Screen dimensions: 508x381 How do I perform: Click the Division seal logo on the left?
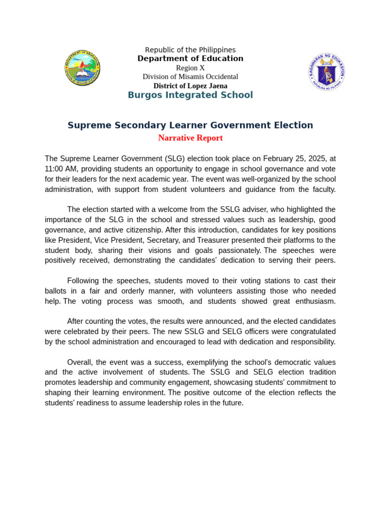coord(82,68)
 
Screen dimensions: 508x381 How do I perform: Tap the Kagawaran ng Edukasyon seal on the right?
coord(326,72)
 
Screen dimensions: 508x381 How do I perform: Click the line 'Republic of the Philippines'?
coord(190,50)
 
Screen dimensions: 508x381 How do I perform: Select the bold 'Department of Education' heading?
coord(190,59)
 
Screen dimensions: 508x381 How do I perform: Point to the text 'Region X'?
coord(190,68)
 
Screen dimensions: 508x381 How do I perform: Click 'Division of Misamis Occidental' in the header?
coord(190,77)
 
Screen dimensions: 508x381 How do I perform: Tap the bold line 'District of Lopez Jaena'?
coord(190,86)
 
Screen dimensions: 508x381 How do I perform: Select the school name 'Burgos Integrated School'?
coord(190,95)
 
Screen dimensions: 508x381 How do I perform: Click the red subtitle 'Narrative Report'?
coord(190,138)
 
